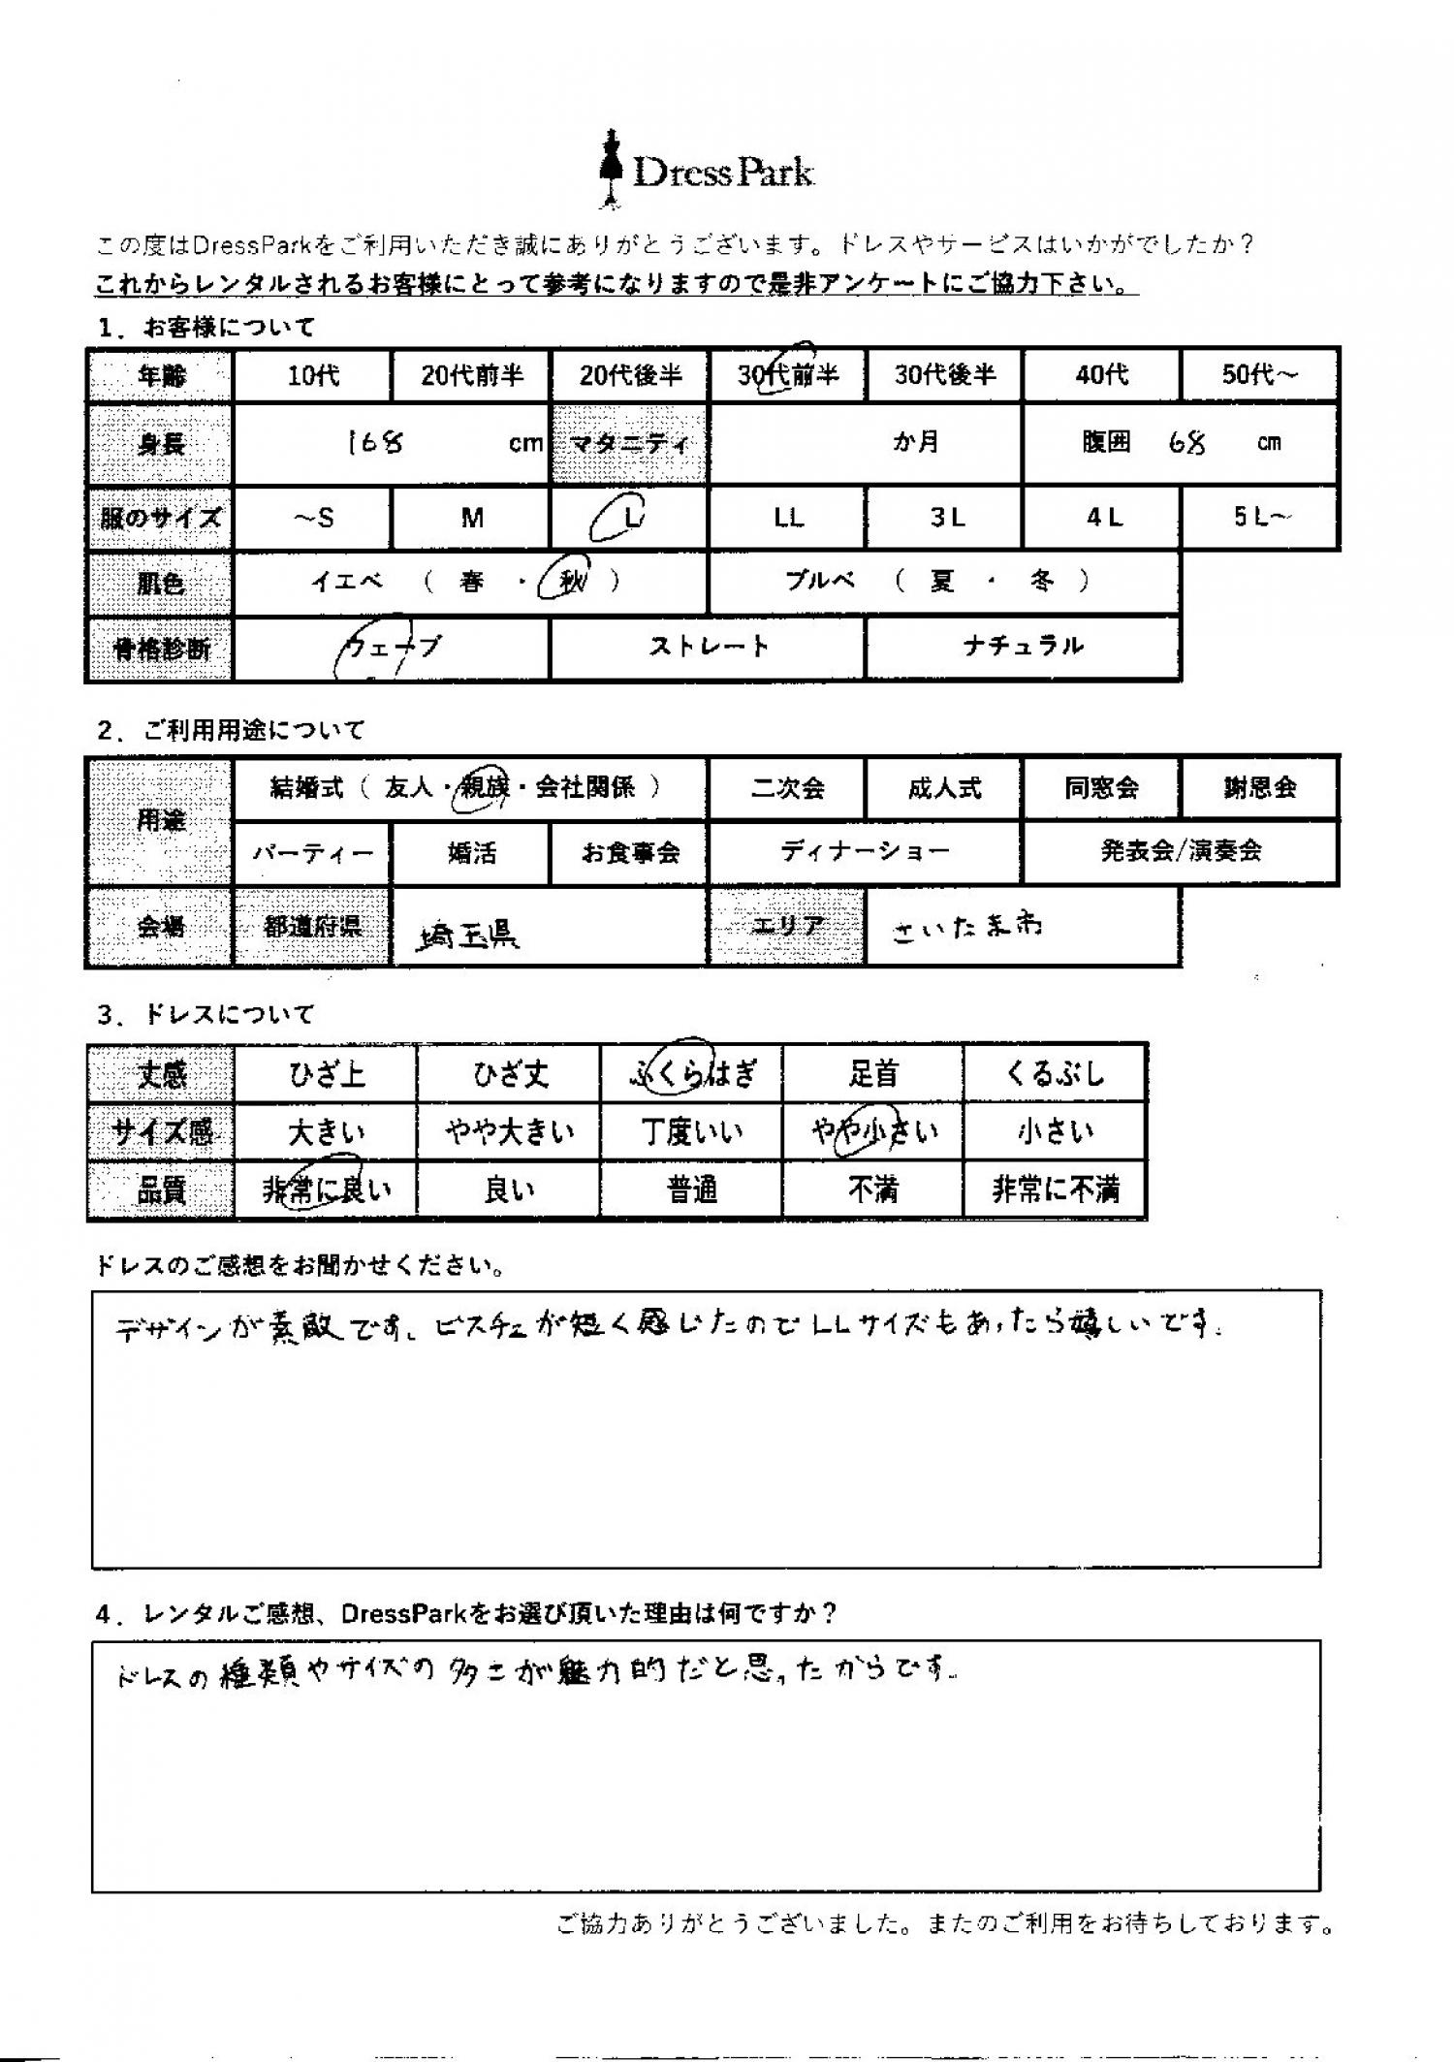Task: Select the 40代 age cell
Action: [1101, 375]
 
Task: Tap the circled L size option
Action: [628, 519]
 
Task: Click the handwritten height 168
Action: [376, 443]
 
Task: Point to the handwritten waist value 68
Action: [1188, 443]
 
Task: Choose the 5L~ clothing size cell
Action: [1260, 519]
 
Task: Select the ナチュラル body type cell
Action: [1023, 647]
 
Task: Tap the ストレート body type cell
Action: [708, 647]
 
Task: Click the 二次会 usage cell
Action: [787, 788]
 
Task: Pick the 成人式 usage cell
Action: [944, 788]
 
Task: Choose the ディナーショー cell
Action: [865, 852]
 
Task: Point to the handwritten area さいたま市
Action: [966, 927]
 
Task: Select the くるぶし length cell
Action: [1055, 1074]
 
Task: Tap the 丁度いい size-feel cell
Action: [691, 1131]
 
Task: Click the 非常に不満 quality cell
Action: [1055, 1189]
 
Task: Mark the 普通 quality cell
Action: [691, 1189]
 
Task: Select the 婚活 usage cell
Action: [471, 853]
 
